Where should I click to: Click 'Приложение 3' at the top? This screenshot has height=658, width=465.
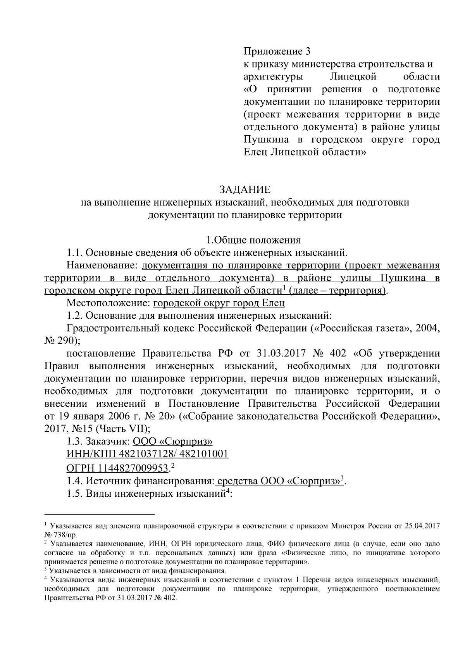[277, 51]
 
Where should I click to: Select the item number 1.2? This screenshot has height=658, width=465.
[74, 316]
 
